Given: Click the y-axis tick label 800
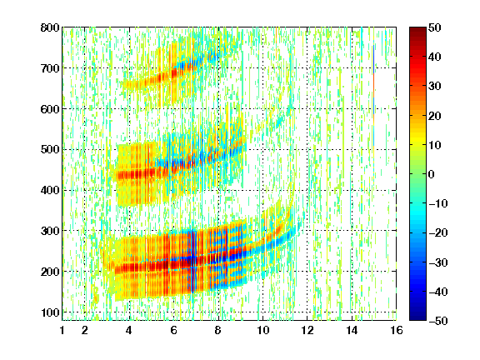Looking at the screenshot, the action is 50,27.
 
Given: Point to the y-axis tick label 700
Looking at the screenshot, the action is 50,68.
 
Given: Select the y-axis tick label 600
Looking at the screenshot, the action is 50,109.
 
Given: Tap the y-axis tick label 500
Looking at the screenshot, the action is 50,150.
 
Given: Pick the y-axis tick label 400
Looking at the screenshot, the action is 50,190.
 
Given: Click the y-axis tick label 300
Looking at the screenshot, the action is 50,231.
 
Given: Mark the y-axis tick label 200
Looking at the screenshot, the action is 50,272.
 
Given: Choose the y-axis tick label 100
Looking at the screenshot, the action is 50,312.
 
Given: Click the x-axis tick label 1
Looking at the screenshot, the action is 62,330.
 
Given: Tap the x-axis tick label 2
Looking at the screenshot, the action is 85,330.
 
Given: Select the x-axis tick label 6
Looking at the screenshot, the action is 174,330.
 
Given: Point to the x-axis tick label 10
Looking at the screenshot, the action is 262,330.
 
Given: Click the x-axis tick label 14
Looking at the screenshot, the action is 352,330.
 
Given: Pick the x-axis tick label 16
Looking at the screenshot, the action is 397,330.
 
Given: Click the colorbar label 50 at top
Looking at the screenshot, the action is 435,27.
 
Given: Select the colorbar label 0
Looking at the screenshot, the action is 432,174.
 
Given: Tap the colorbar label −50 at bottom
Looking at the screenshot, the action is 438,321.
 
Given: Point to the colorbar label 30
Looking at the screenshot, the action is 435,87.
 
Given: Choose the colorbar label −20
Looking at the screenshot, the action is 438,232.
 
